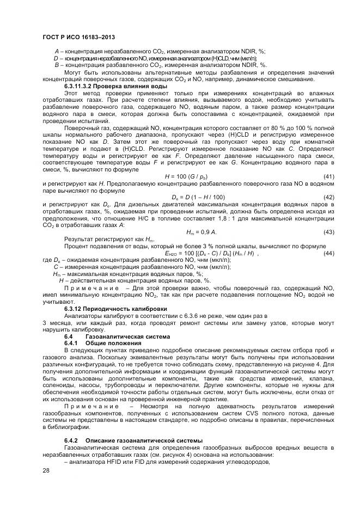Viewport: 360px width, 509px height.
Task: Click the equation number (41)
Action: point(328,177)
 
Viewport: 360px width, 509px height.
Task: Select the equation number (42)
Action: point(328,197)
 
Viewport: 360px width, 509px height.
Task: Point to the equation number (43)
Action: point(328,232)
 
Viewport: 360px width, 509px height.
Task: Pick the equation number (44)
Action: point(328,253)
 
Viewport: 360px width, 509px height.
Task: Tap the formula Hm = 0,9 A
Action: point(201,232)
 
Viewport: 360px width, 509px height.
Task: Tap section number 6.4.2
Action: point(71,440)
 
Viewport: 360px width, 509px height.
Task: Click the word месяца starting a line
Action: point(57,323)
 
